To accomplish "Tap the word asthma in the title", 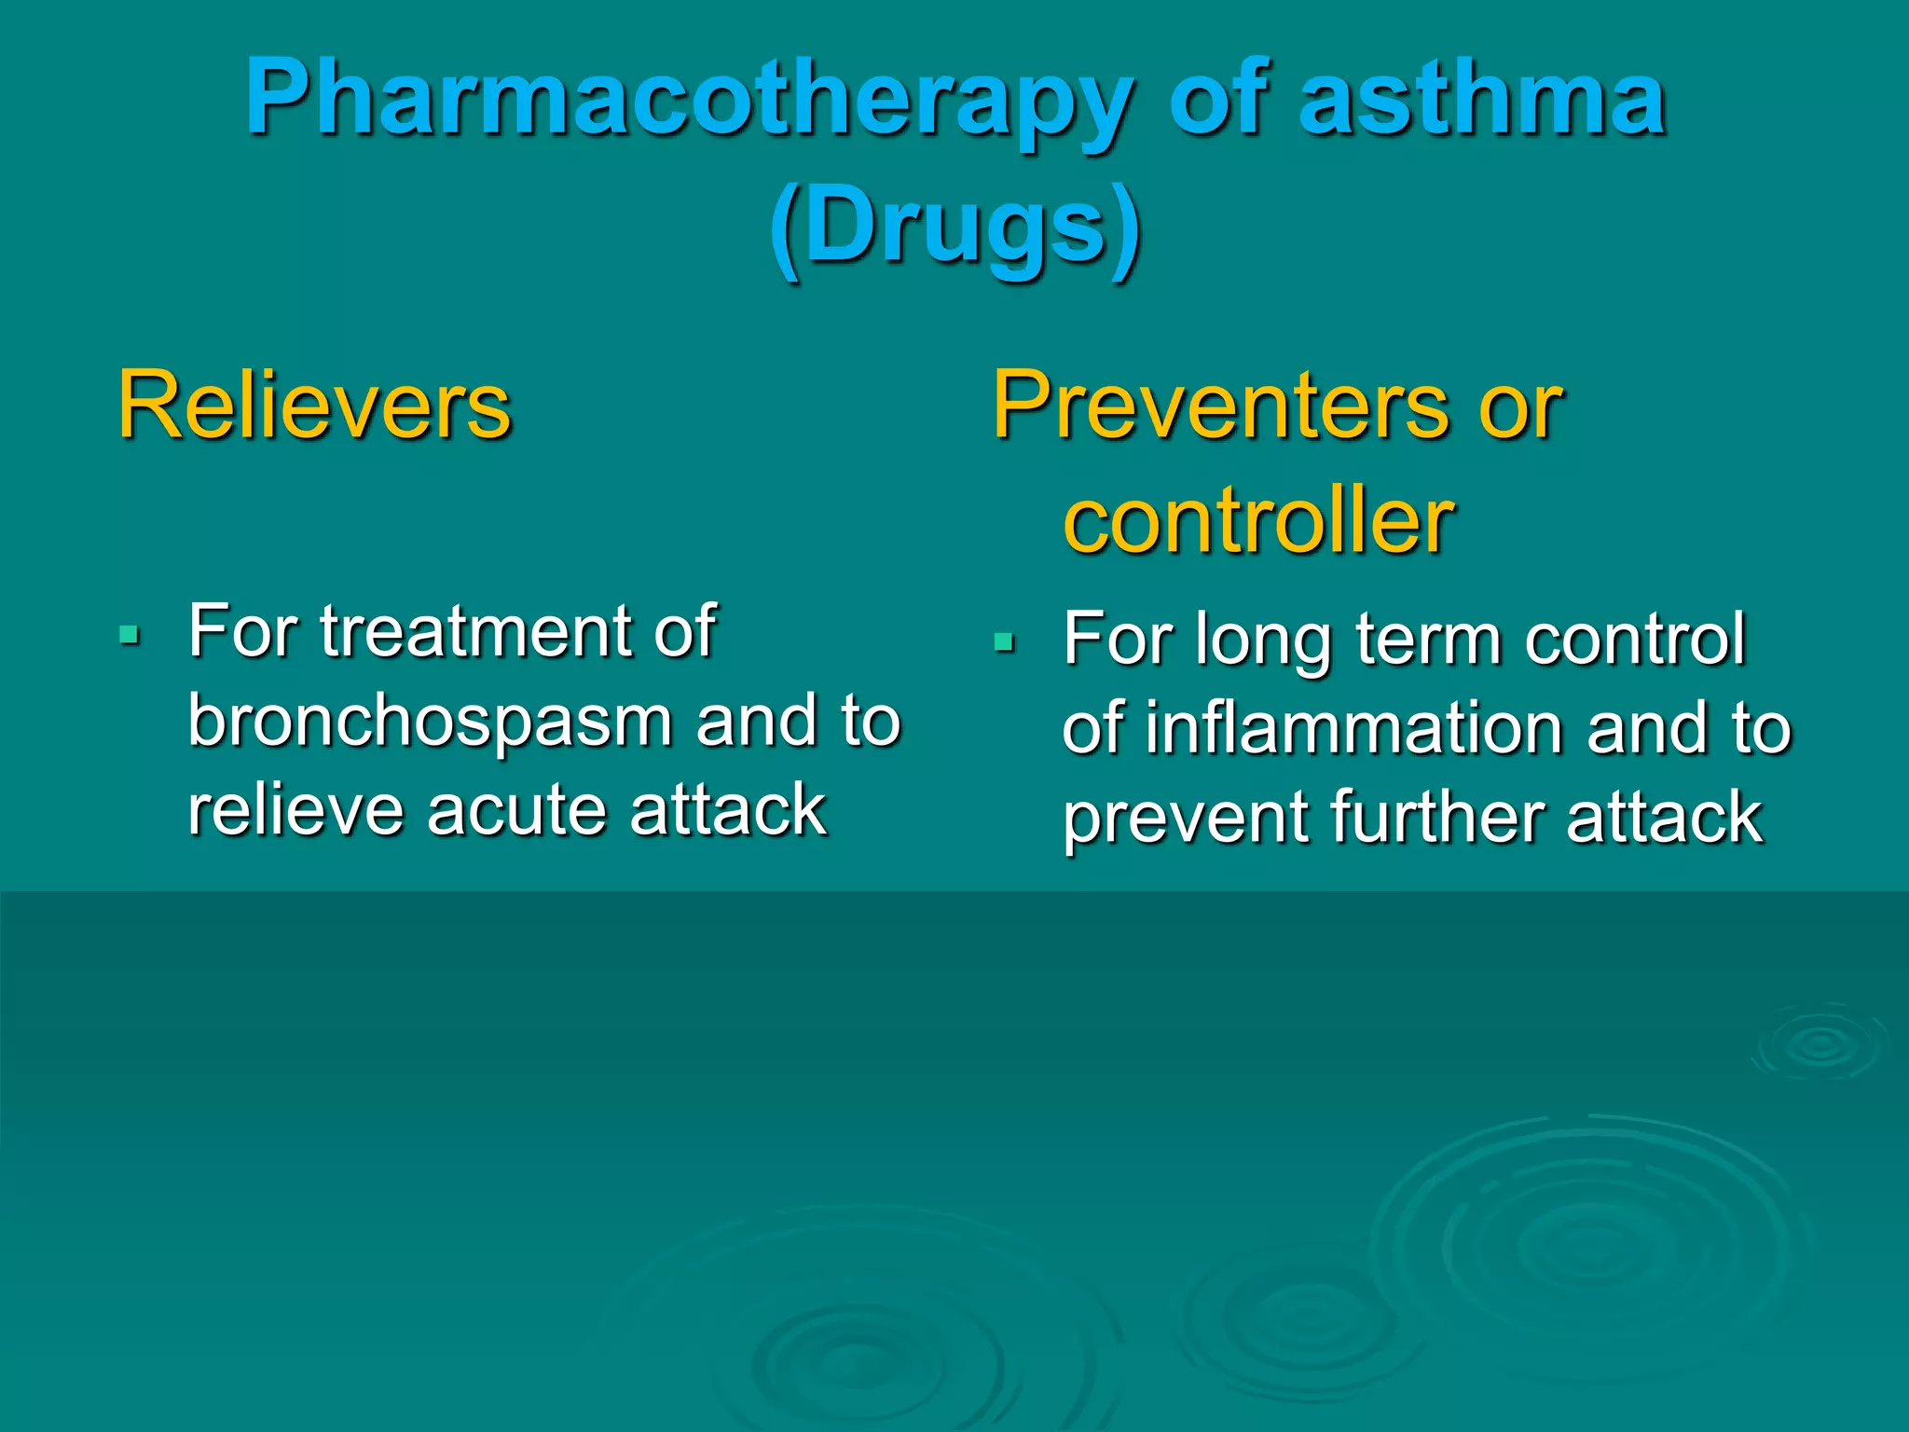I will [x=1482, y=98].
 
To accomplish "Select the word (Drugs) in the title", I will [x=954, y=228].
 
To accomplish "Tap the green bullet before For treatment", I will [x=130, y=637].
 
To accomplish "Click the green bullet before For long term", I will [x=1004, y=642].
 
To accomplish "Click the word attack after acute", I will [x=727, y=810].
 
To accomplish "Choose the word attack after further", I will [x=1664, y=818].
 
